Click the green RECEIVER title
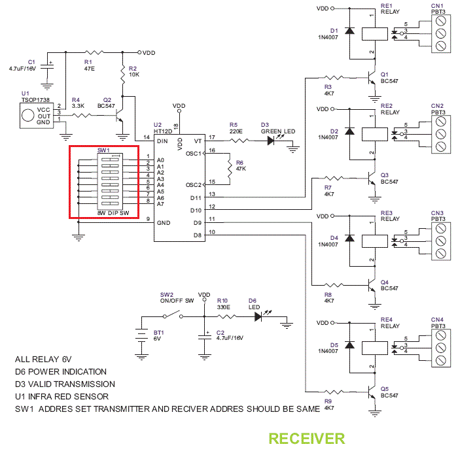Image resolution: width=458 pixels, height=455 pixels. (x=307, y=439)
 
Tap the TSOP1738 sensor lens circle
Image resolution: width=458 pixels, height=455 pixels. (x=28, y=115)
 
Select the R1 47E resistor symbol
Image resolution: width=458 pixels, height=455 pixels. (x=94, y=52)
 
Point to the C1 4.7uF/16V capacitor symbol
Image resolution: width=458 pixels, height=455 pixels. (x=47, y=67)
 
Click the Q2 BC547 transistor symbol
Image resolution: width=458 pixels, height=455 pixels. (x=119, y=115)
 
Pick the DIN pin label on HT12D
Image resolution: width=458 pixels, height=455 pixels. (x=162, y=141)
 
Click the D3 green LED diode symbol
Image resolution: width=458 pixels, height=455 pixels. (x=271, y=141)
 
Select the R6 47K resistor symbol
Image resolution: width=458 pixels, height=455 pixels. (x=230, y=169)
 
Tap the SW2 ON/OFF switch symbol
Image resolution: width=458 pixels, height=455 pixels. (x=173, y=315)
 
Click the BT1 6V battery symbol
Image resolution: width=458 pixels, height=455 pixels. (x=142, y=335)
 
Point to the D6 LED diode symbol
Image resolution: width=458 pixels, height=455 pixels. (x=258, y=316)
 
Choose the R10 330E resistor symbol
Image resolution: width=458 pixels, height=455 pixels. (x=226, y=316)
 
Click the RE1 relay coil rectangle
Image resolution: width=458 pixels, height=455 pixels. (x=375, y=34)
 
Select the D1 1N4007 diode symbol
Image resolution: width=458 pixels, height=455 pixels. (x=349, y=31)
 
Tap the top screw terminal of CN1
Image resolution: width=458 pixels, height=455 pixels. (x=440, y=21)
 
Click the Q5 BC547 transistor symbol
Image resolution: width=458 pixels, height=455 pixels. (x=372, y=392)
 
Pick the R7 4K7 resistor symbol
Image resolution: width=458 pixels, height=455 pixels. (x=334, y=178)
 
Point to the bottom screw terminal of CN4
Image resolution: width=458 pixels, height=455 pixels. (x=440, y=360)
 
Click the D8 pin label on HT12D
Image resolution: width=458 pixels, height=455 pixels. (x=198, y=235)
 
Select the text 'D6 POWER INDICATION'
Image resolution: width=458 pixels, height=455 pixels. (x=61, y=371)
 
